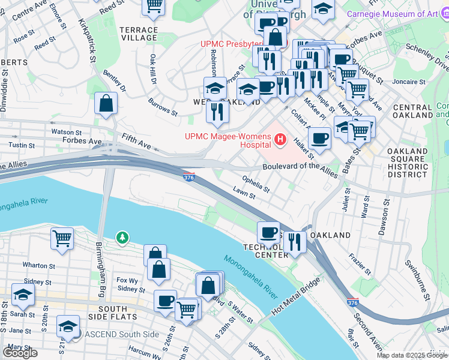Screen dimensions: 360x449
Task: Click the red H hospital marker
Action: (x=279, y=140)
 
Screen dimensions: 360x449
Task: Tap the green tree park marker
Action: (x=122, y=238)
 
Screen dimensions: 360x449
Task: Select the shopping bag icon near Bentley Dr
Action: (x=106, y=103)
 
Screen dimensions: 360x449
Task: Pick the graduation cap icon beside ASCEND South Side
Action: (x=68, y=326)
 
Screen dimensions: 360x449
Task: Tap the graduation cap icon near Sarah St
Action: (x=23, y=295)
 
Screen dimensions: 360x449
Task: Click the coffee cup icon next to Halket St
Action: (x=320, y=139)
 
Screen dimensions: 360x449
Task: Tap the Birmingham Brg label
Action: (x=101, y=265)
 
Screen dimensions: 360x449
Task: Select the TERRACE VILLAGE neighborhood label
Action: (x=139, y=34)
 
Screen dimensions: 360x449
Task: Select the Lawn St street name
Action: (x=244, y=193)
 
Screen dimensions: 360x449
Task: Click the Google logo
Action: (x=20, y=353)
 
